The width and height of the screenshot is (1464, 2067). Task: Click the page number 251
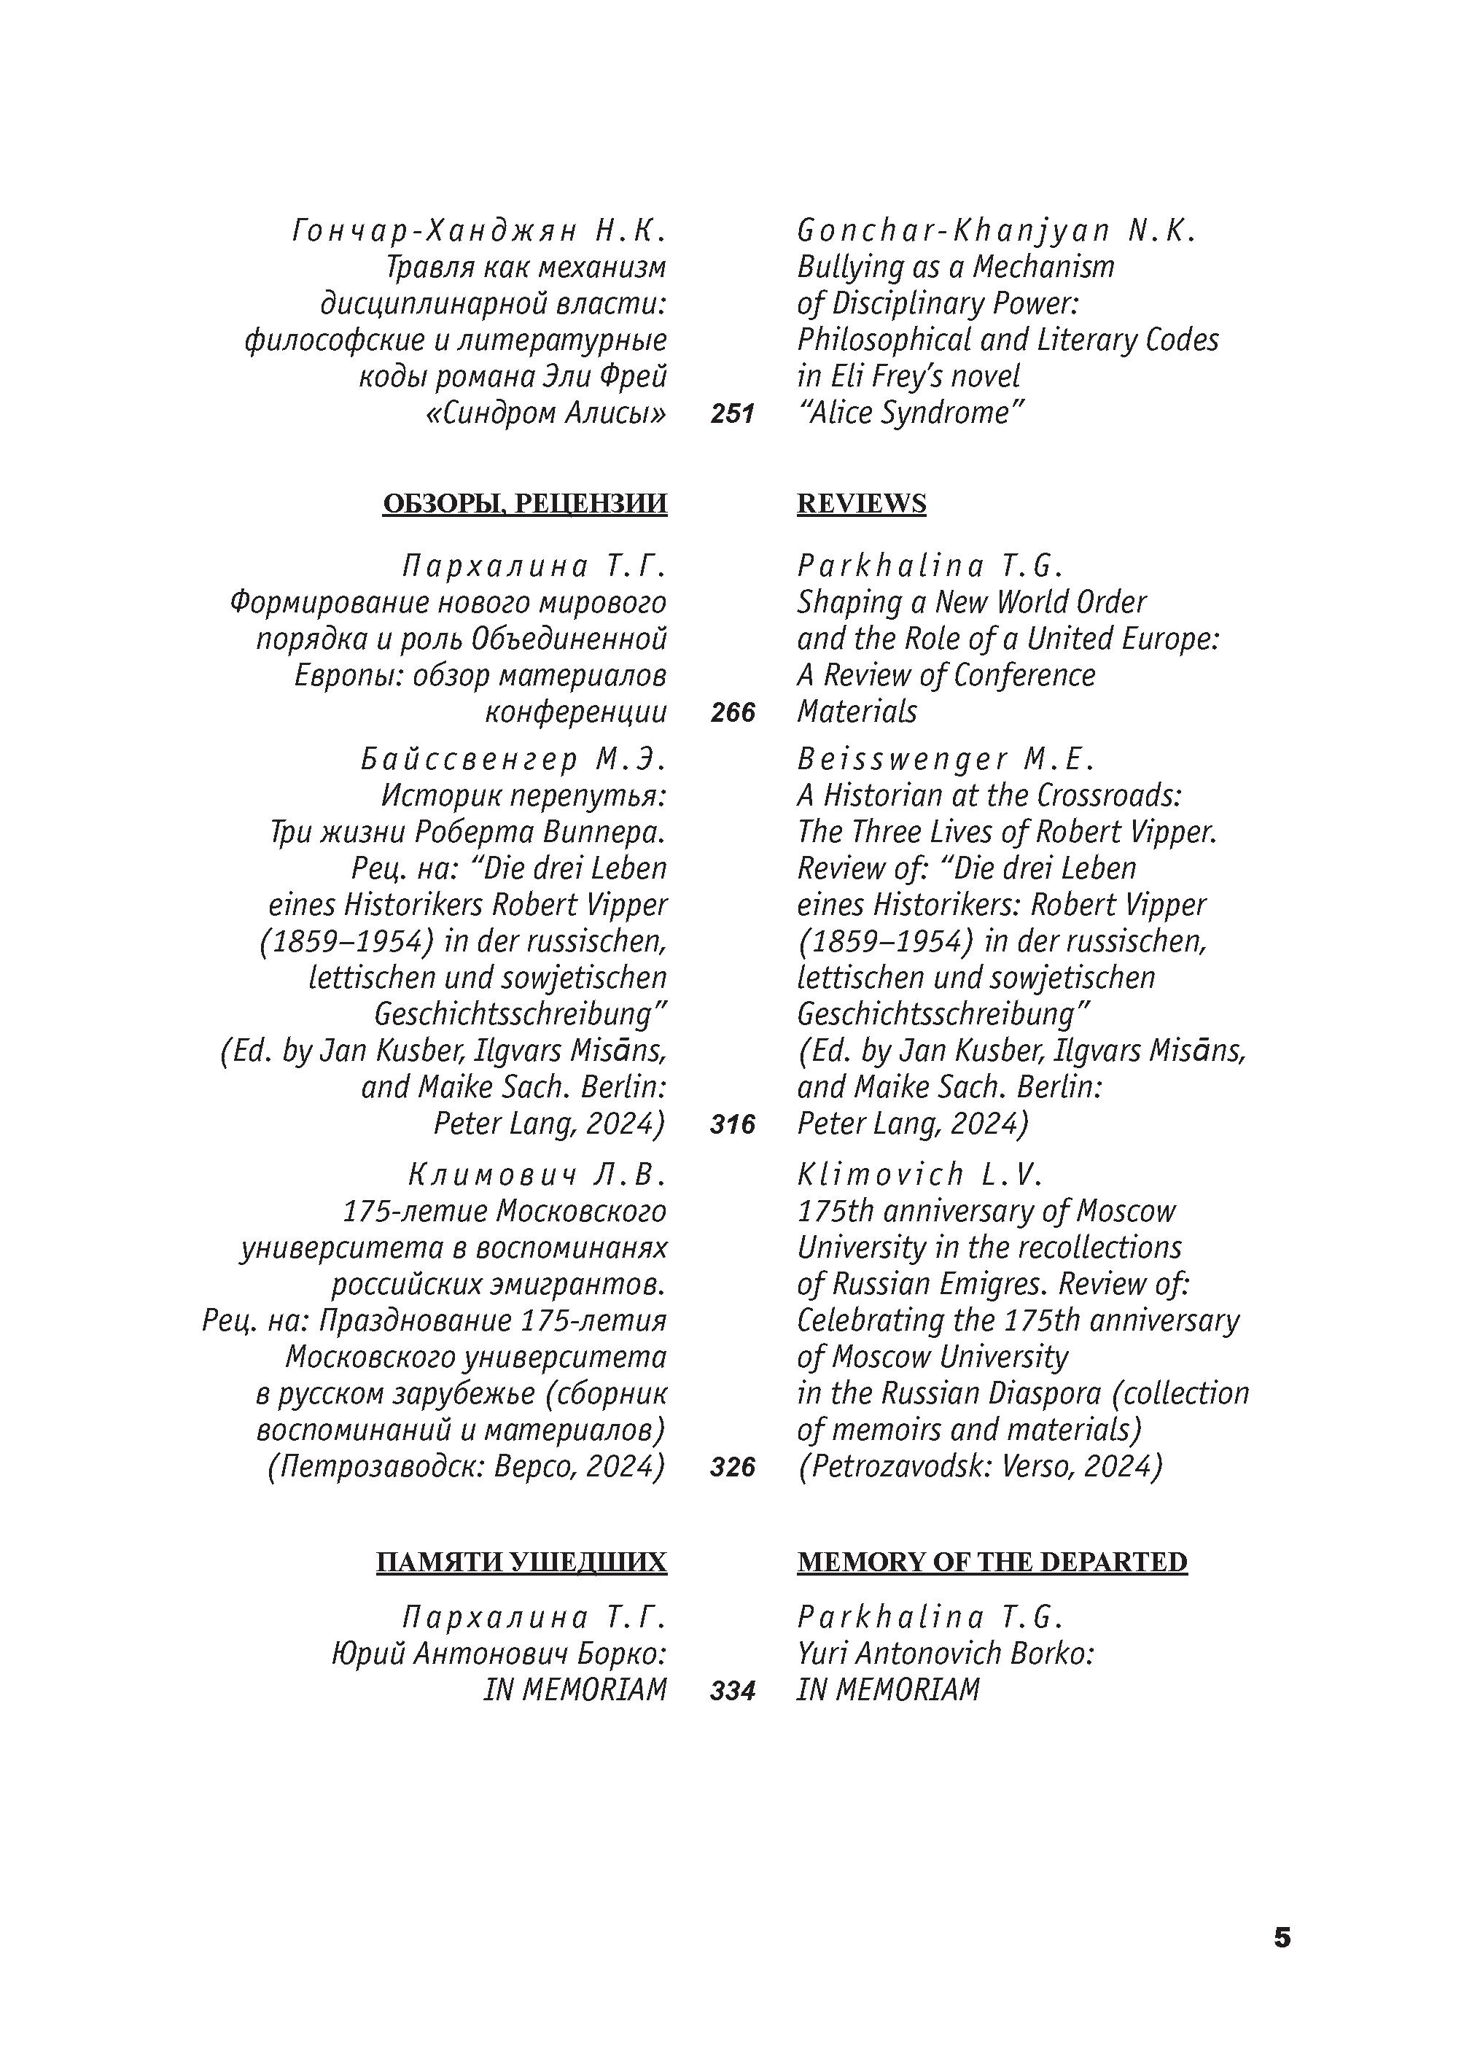coord(731,413)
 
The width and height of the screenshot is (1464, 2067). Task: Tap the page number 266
coord(732,713)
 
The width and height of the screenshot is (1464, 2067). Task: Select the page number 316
coord(732,1124)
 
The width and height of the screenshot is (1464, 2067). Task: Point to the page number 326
coord(732,1468)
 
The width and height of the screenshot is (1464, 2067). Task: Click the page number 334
coord(732,1690)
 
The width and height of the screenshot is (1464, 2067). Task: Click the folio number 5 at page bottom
coord(1281,1937)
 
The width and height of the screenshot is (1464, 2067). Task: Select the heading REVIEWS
coord(861,503)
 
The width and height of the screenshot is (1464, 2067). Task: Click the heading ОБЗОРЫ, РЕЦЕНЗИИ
coord(525,503)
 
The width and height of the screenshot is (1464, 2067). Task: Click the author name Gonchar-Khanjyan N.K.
coord(996,232)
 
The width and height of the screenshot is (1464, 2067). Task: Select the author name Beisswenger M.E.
coord(946,760)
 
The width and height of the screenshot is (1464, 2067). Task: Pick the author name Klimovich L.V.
coord(919,1175)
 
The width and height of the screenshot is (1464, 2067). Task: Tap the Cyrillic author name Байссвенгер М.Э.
coord(513,760)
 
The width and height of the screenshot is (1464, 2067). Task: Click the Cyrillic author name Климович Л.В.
coord(537,1175)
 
